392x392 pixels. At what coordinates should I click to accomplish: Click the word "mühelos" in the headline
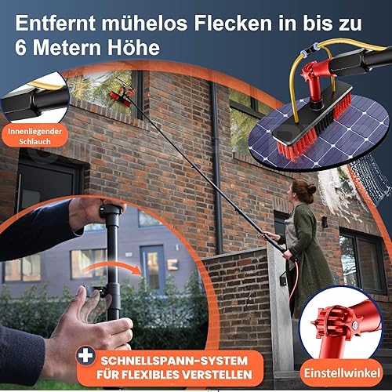[x=144, y=23]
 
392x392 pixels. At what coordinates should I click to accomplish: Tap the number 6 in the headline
[x=20, y=47]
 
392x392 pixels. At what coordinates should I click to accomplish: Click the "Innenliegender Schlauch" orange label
[x=34, y=136]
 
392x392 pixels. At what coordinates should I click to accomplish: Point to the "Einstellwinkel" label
[x=342, y=372]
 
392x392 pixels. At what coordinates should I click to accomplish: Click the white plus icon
[x=85, y=356]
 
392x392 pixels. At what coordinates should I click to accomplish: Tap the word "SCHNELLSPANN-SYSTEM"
[x=174, y=361]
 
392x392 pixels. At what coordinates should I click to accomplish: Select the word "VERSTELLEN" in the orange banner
[x=217, y=374]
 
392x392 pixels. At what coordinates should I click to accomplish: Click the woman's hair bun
[x=311, y=189]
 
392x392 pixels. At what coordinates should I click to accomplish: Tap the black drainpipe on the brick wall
[x=216, y=167]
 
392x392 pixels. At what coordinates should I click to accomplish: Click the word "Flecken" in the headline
[x=233, y=23]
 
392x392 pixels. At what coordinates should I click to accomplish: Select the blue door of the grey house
[x=152, y=269]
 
